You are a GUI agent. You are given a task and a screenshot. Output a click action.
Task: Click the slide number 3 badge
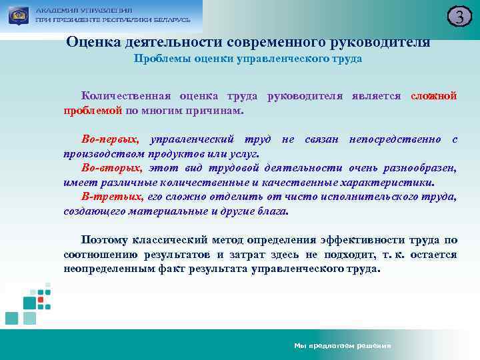(x=459, y=17)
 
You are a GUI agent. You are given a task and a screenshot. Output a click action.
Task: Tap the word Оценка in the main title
(x=91, y=42)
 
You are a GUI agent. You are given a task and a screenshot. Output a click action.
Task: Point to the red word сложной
(x=434, y=96)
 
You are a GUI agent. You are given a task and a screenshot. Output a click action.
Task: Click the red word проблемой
(x=93, y=109)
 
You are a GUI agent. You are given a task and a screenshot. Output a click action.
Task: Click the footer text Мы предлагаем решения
(x=342, y=346)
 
